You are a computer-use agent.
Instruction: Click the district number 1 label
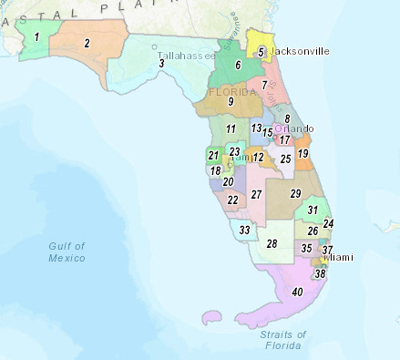(x=36, y=37)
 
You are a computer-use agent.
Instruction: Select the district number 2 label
(x=87, y=43)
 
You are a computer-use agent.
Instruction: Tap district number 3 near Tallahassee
(x=161, y=63)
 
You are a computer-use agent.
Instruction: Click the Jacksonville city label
(x=299, y=51)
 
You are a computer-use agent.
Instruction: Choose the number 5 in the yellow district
(x=261, y=52)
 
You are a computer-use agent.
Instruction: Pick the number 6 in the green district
(x=238, y=65)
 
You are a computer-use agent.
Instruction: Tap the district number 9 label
(x=231, y=101)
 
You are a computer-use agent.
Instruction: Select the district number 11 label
(x=231, y=129)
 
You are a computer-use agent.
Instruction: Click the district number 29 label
(x=295, y=194)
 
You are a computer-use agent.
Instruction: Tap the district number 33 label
(x=244, y=231)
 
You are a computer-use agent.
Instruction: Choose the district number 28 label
(x=272, y=243)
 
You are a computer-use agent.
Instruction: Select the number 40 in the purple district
(x=297, y=292)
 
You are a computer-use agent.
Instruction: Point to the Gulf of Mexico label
(x=68, y=252)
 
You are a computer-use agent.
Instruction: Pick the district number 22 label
(x=233, y=200)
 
